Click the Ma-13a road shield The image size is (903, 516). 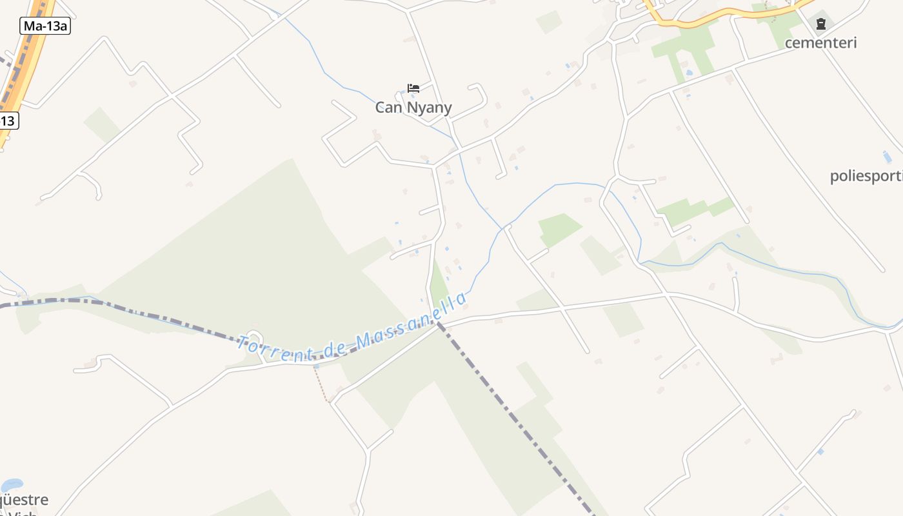pos(45,26)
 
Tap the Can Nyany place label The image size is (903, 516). pos(413,108)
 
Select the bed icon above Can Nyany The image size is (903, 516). pos(413,88)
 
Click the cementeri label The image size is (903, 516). pos(820,43)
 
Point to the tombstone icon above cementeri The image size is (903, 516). pos(820,25)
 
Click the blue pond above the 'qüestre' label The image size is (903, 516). pos(12,484)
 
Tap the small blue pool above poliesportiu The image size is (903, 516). pos(887,157)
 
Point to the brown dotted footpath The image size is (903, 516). pos(321,384)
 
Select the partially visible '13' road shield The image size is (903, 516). pos(8,120)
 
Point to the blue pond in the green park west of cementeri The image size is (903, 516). pos(689,72)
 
